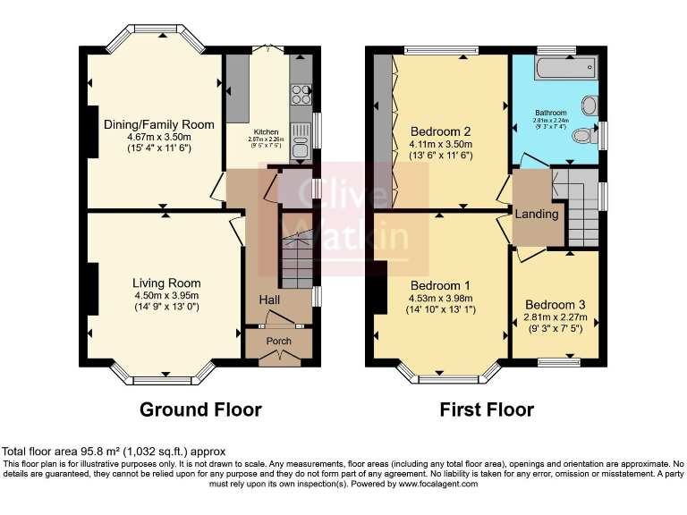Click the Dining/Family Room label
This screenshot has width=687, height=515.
pos(159,124)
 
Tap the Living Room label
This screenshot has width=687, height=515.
pos(166,283)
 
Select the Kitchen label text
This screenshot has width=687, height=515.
pos(267,131)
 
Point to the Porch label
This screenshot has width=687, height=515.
pos(279,341)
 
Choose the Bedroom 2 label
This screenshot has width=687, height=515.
pos(440,131)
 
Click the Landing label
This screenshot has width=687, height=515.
pos(537,214)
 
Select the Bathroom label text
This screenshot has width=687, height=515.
pos(551,113)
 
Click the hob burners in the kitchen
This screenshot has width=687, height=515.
pos(301,94)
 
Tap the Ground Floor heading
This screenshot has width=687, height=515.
pos(200,409)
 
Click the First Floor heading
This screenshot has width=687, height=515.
pos(487,409)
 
